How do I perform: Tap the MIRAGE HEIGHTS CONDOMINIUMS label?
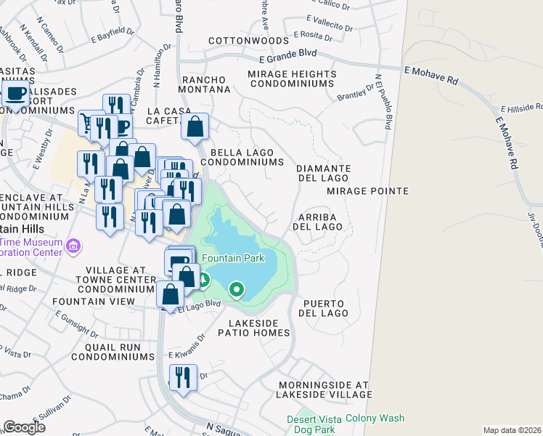tap(292, 79)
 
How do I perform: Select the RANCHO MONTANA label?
tap(205, 84)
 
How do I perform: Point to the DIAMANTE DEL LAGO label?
tap(324, 173)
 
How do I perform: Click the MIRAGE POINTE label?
tap(367, 191)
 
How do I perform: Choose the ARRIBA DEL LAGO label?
tap(317, 222)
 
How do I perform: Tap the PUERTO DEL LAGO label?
tap(322, 308)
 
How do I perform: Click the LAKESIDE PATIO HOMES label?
tap(258, 327)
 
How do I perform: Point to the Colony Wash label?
tap(375, 418)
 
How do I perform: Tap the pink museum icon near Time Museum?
tap(72, 248)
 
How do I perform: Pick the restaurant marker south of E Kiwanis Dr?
tap(181, 378)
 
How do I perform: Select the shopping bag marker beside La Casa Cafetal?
tap(195, 126)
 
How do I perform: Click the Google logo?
tap(25, 427)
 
